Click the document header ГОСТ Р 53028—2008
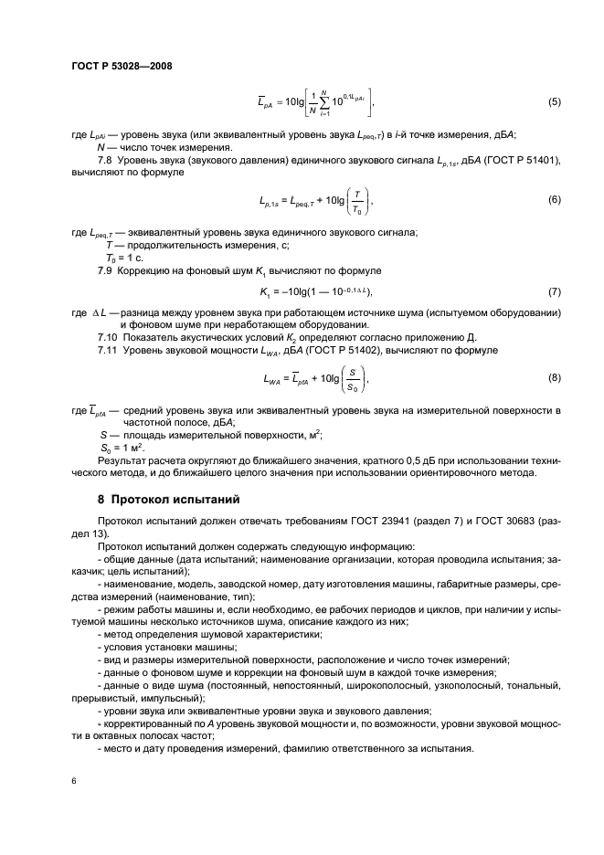[x=122, y=65]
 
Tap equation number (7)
[x=553, y=291]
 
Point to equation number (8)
[x=553, y=376]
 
